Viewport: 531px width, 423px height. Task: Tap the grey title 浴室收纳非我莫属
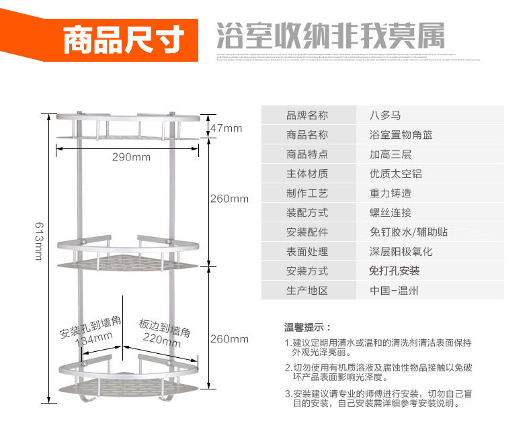tap(330, 34)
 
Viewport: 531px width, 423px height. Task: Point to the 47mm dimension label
tap(226, 128)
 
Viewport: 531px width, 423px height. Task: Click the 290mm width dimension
tap(131, 157)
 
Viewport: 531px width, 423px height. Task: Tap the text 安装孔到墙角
tap(90, 328)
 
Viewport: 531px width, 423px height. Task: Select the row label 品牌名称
tap(307, 115)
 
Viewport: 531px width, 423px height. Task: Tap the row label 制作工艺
tap(307, 193)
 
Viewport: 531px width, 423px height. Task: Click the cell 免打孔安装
tap(394, 271)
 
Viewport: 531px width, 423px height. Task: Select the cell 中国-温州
tap(394, 291)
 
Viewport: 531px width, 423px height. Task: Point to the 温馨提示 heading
tap(307, 328)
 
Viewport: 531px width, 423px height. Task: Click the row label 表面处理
tap(307, 252)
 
